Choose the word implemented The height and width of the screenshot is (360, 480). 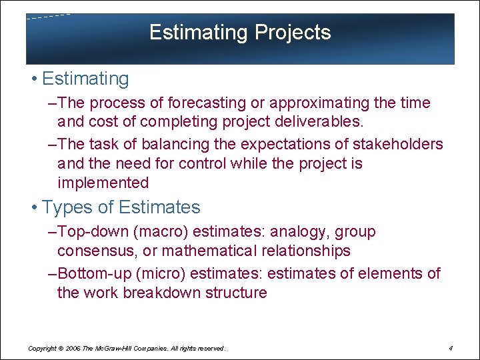[x=103, y=183]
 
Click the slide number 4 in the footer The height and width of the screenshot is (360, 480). [x=451, y=348]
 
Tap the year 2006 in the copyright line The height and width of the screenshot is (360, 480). [x=73, y=349]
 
